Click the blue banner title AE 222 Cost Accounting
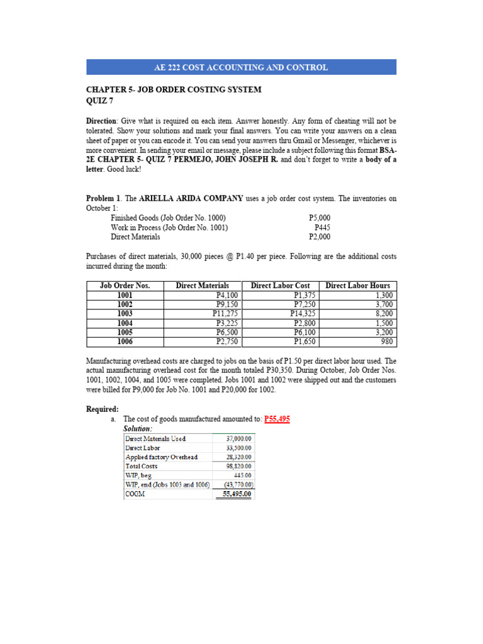[241, 67]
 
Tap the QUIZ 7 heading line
[100, 100]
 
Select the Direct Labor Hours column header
[357, 286]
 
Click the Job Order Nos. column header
[125, 286]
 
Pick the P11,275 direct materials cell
[225, 314]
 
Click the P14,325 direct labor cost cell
[303, 314]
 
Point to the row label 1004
[125, 323]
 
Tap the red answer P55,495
[277, 419]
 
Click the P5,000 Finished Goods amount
[319, 218]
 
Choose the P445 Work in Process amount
[322, 228]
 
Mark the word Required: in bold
[102, 409]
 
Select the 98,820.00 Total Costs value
[239, 467]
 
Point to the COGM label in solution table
[135, 494]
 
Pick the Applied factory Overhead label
[162, 457]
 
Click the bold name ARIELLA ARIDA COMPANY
[191, 198]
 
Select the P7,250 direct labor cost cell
[305, 304]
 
